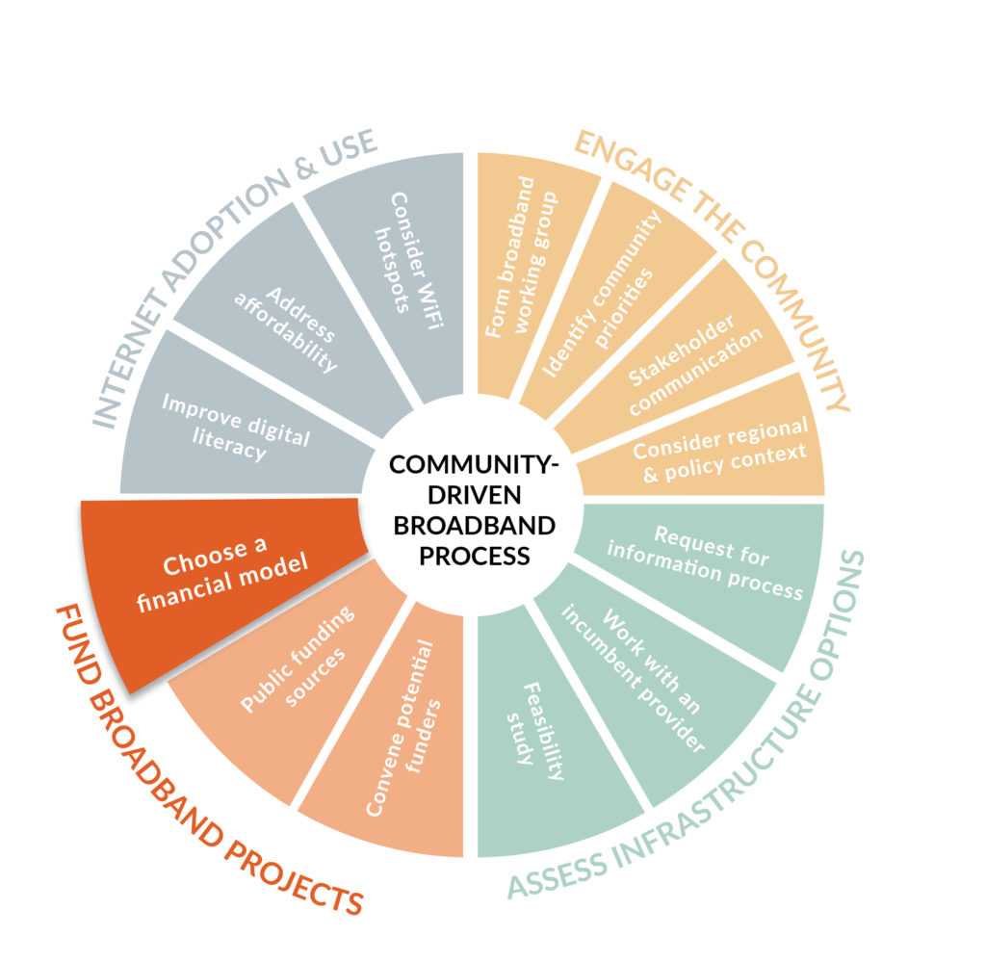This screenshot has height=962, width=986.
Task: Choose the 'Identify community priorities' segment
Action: (x=604, y=296)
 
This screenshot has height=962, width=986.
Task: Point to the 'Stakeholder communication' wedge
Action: (x=686, y=358)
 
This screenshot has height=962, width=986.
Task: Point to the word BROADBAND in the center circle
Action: (x=474, y=526)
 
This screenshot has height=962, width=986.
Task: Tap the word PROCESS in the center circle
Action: (x=474, y=556)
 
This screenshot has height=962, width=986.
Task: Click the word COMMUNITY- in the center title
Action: (x=474, y=465)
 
